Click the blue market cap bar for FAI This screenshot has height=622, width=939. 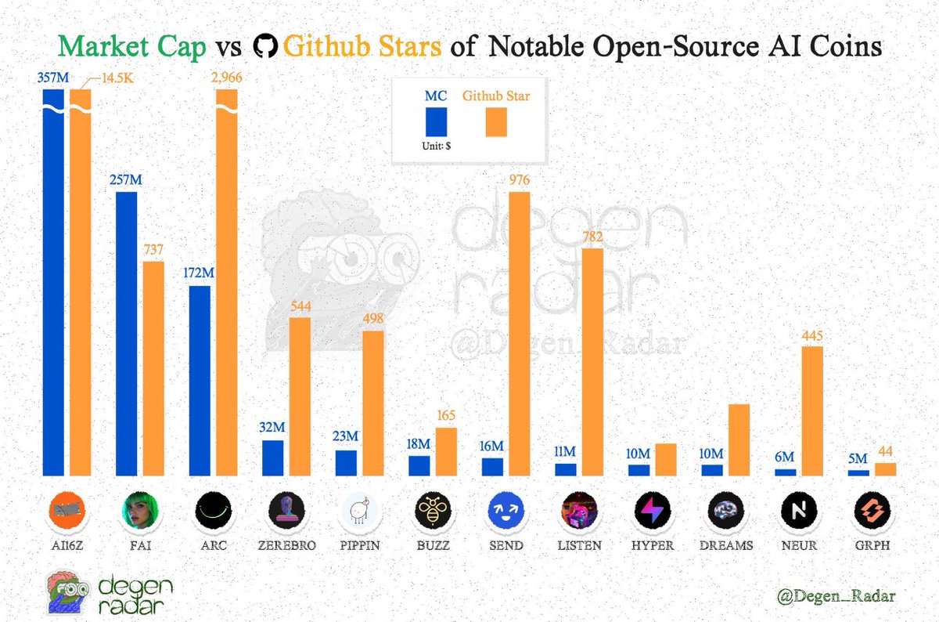(x=126, y=333)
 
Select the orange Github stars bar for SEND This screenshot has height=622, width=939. (x=519, y=333)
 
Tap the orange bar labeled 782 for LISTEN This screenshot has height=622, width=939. (x=592, y=360)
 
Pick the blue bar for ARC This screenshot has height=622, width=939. (x=200, y=380)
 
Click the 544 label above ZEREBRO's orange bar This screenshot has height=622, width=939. (x=300, y=306)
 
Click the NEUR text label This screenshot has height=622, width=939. (x=800, y=545)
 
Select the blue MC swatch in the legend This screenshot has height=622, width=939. (x=436, y=123)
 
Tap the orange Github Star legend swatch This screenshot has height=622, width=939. (x=496, y=123)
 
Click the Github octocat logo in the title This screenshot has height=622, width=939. (x=267, y=47)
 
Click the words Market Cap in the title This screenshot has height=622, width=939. (x=132, y=47)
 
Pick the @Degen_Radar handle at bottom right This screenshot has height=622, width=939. (x=836, y=596)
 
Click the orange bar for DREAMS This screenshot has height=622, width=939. (x=739, y=439)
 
